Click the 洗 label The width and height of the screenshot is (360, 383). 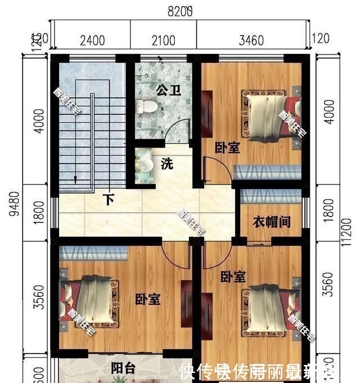pos(167,164)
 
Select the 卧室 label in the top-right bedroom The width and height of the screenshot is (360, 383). pos(227,147)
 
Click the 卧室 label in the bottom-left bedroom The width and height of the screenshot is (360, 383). pos(148,299)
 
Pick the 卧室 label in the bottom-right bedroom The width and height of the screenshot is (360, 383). pos(232,277)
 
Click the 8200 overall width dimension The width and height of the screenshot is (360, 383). pos(180,10)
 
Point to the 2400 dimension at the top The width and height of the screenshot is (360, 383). pos(92,40)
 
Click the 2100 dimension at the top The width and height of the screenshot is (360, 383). pos(163,40)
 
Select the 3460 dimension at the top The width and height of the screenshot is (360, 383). pos(251,40)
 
